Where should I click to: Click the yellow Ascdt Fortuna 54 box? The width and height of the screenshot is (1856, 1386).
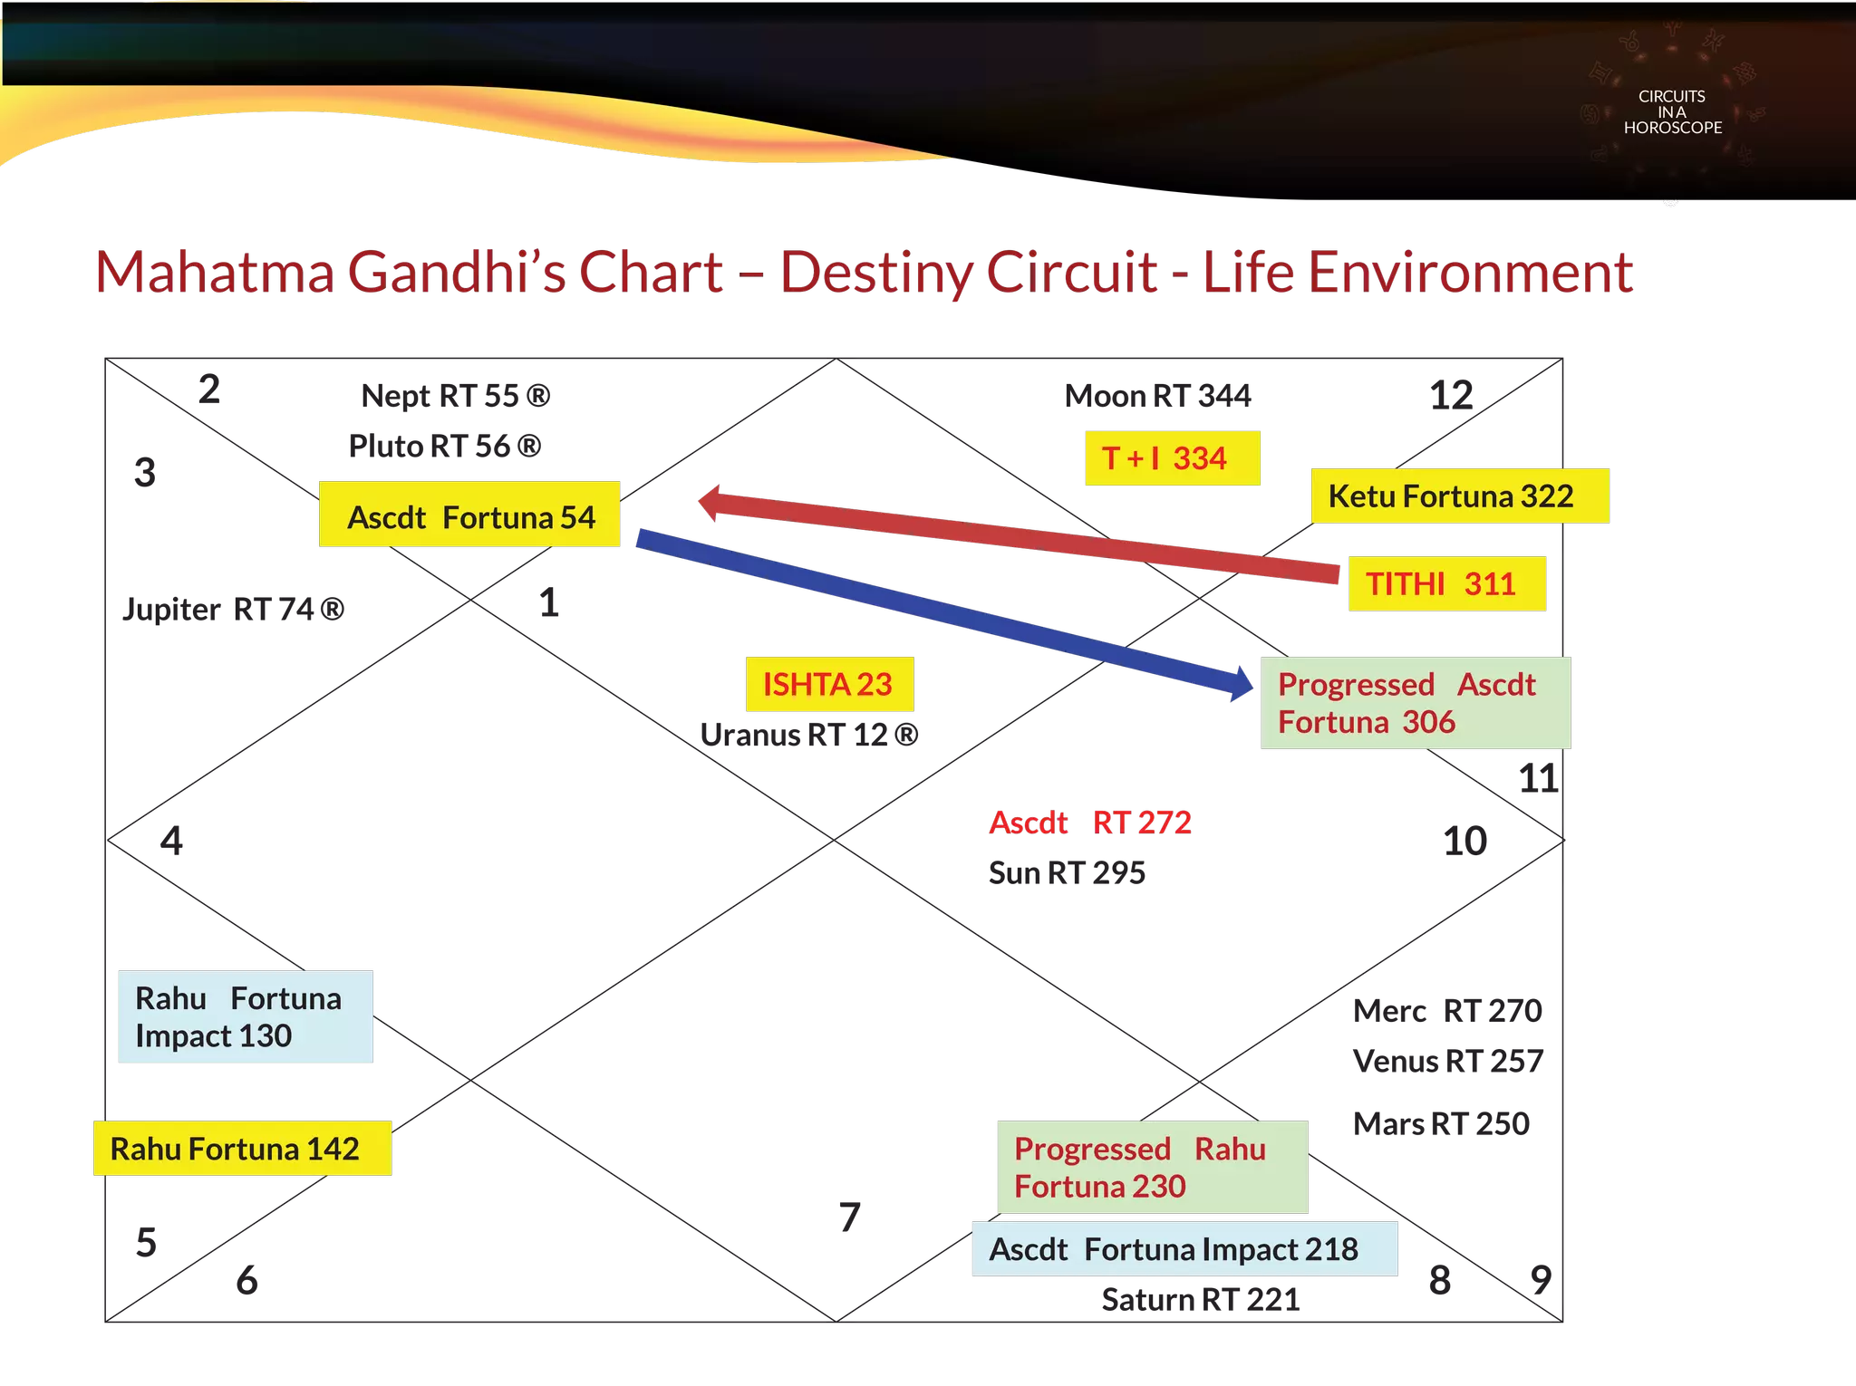[x=470, y=515]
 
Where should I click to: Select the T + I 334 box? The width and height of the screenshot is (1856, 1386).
[x=1171, y=458]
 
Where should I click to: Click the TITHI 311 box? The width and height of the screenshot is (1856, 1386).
[x=1446, y=584]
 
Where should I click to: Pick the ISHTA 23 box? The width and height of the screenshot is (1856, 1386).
[x=828, y=684]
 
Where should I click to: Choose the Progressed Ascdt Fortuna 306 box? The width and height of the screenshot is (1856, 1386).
[x=1415, y=703]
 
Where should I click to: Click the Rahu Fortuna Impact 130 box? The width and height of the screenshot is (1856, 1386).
[x=246, y=1016]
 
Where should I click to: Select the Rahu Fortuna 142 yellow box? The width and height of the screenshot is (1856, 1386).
[x=241, y=1149]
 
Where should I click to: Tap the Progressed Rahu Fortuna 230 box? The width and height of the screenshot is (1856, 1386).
[x=1152, y=1167]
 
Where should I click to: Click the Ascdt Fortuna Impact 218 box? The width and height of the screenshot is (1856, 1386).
[x=1184, y=1249]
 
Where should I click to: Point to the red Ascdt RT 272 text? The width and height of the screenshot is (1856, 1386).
[x=1089, y=823]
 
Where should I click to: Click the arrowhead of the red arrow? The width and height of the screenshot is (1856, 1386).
[x=711, y=502]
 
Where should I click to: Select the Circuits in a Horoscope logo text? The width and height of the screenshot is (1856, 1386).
[x=1672, y=112]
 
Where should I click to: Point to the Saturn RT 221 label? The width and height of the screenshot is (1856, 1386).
[x=1200, y=1300]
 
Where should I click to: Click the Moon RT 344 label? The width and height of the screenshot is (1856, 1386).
[x=1158, y=397]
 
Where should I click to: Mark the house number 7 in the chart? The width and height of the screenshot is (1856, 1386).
[x=848, y=1217]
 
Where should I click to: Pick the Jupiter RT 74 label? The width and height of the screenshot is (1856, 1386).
[x=234, y=610]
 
